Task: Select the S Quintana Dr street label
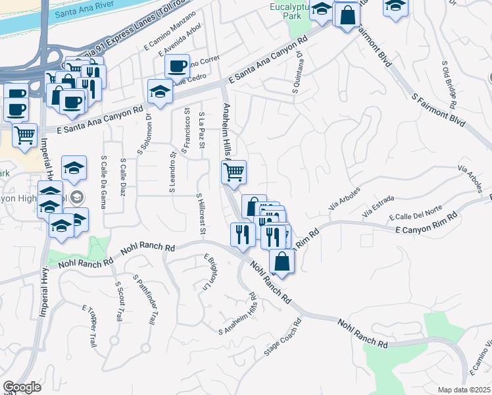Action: (x=298, y=72)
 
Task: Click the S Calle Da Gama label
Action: (x=103, y=176)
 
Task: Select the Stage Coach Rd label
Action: (x=282, y=338)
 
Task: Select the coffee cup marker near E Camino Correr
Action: (x=177, y=66)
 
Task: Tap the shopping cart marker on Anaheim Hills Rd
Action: (x=234, y=172)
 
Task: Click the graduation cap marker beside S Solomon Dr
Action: (x=160, y=91)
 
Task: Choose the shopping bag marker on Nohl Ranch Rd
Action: (x=282, y=261)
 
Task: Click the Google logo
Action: (x=22, y=387)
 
